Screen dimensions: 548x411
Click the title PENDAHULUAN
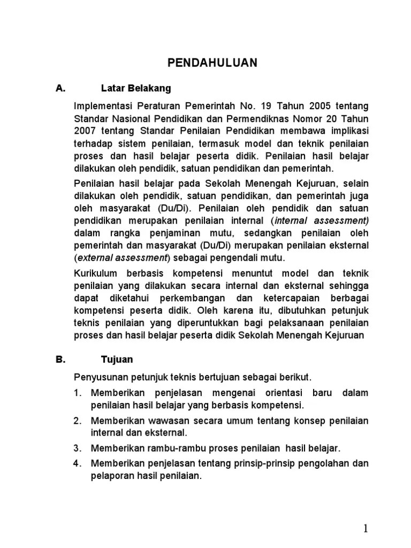click(212, 63)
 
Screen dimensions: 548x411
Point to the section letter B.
click(60, 360)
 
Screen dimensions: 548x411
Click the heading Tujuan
click(117, 360)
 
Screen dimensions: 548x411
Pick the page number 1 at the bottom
click(366, 529)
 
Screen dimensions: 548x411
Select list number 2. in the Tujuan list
click(78, 421)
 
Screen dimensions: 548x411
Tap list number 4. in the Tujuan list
click(78, 463)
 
